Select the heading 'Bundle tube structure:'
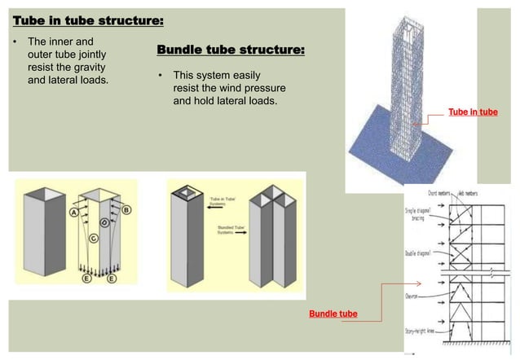[x=231, y=51]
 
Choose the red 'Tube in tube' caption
[x=473, y=112]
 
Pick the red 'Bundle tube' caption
[x=333, y=314]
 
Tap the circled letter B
[x=126, y=209]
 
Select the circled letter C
[x=94, y=238]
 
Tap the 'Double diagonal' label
[x=419, y=253]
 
